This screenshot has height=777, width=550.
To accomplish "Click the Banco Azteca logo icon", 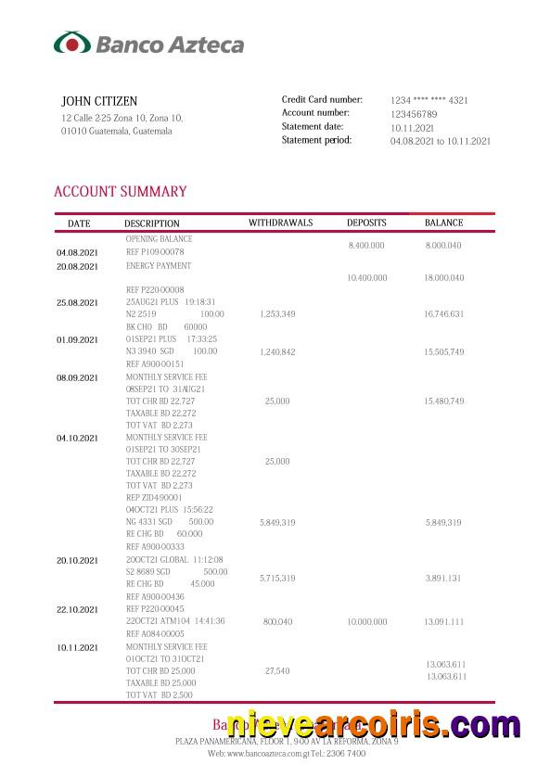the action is click(72, 44).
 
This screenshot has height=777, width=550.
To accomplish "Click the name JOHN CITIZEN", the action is click(99, 100).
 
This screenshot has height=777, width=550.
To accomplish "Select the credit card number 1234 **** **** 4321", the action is click(428, 100).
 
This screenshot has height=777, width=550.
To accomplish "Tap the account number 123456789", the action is click(414, 114).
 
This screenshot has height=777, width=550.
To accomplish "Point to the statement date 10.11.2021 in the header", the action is click(412, 128).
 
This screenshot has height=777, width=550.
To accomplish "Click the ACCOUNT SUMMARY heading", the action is click(121, 192).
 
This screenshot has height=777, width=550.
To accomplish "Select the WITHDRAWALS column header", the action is click(280, 223).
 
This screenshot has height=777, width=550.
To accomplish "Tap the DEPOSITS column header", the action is click(366, 223).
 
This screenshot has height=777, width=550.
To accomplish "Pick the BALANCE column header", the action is click(443, 223).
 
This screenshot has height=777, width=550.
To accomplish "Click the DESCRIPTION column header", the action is click(152, 223).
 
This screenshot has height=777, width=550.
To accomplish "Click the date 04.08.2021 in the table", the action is click(77, 253).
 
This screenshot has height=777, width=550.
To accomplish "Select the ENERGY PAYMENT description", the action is click(159, 266).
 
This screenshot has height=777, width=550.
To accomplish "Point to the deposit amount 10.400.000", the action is click(367, 278).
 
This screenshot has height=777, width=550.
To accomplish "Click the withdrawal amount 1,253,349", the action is click(277, 314).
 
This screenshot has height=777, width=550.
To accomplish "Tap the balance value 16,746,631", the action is click(443, 314).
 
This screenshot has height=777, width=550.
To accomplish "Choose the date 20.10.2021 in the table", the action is click(77, 561).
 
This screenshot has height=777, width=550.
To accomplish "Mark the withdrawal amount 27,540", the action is click(277, 670).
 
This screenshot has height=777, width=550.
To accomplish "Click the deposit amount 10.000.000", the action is click(367, 622).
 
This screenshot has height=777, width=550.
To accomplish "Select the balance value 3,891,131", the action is click(443, 579).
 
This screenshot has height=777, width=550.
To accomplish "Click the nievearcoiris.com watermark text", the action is click(374, 725).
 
